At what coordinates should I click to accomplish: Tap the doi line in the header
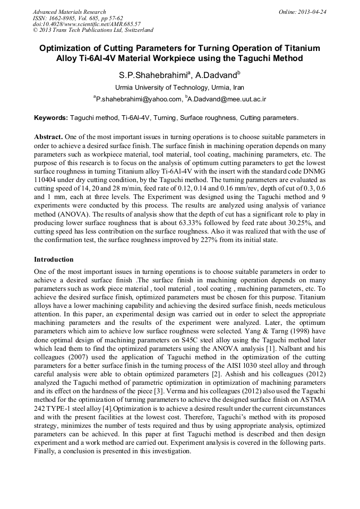click(87, 24)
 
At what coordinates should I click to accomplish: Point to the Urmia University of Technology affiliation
click(179, 88)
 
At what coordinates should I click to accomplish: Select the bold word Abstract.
click(48, 136)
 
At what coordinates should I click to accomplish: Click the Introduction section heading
click(54, 260)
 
